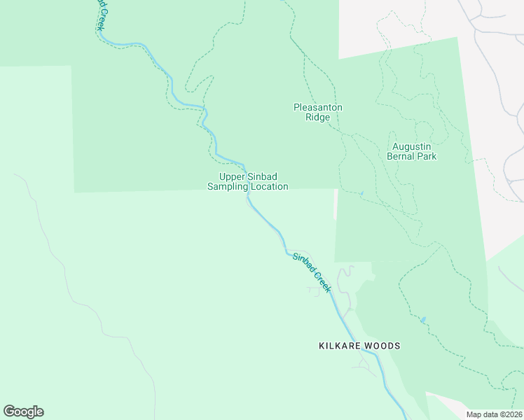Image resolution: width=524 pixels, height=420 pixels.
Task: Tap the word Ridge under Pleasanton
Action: (x=317, y=117)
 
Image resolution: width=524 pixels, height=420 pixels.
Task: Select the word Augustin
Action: (x=411, y=146)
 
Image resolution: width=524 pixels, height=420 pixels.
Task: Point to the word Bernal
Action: (x=401, y=156)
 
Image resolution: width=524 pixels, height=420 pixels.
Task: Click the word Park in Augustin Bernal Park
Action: (x=426, y=156)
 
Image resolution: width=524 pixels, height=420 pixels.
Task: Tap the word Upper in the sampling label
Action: (x=233, y=176)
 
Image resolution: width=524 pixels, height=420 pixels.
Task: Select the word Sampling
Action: (x=229, y=187)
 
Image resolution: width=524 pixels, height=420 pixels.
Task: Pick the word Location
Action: (x=270, y=187)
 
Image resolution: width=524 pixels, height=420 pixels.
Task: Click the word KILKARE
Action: (x=340, y=346)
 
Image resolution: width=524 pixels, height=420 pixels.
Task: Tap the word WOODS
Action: (x=382, y=346)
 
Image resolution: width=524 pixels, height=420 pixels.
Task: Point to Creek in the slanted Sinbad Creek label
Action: (x=322, y=282)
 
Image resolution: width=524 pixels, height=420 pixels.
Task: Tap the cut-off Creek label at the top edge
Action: (x=101, y=14)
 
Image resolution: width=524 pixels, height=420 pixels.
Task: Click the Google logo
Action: (x=23, y=412)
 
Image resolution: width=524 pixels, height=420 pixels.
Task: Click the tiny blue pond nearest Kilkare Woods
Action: (x=422, y=321)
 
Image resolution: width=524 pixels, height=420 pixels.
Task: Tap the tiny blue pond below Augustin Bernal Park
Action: (x=361, y=193)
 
